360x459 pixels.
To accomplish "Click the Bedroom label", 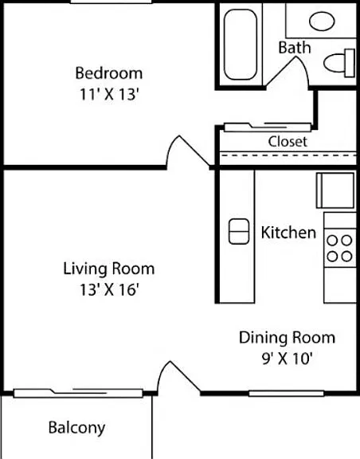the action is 109,73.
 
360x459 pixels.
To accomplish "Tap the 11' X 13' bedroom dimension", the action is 108,95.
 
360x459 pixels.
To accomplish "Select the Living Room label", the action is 109,269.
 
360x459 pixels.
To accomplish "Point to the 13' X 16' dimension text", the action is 109,290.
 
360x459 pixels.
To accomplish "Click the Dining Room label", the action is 287,338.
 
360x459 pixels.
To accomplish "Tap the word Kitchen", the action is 288,233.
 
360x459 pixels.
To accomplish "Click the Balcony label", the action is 76,428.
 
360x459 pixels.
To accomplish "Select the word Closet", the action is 288,142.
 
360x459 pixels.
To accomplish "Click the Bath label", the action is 295,48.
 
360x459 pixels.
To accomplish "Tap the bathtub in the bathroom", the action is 241,45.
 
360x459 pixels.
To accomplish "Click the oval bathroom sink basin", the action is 322,21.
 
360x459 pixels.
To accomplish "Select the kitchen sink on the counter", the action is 239,232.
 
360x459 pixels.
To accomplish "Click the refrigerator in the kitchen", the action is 335,190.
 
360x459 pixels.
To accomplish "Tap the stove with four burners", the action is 340,249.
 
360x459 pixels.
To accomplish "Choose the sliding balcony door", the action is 78,393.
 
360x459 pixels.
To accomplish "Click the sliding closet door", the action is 268,127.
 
